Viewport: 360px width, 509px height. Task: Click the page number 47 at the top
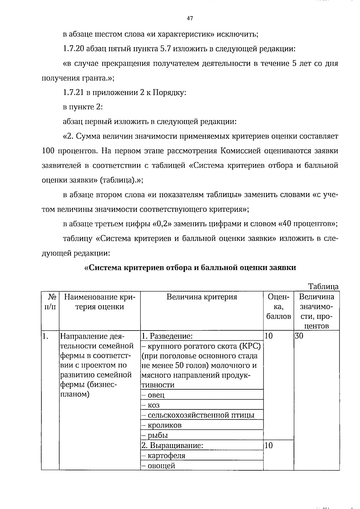(190, 18)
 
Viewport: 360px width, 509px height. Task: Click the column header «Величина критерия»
(202, 297)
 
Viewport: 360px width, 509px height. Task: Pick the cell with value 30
(299, 336)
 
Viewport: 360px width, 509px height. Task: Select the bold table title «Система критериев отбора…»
(190, 268)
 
